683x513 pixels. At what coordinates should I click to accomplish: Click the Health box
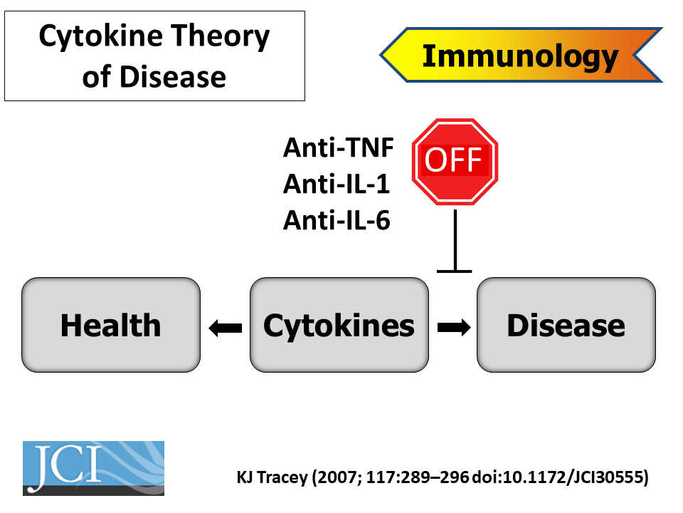click(x=111, y=325)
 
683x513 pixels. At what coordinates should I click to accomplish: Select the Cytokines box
click(x=339, y=325)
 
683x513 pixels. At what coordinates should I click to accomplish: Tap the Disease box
click(x=566, y=325)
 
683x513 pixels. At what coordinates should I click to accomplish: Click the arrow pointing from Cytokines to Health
click(x=226, y=328)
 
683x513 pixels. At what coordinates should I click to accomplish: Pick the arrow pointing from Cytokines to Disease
click(x=454, y=328)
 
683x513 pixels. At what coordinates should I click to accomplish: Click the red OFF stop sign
click(x=455, y=162)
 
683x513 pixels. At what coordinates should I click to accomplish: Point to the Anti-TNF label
click(x=339, y=147)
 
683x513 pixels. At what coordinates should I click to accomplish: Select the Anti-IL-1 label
click(x=337, y=184)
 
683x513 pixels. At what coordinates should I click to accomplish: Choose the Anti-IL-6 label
click(x=337, y=220)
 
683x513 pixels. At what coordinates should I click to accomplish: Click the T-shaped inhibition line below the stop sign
click(x=455, y=242)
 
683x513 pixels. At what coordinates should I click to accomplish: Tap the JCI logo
click(x=94, y=468)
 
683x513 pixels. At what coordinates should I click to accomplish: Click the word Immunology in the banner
click(x=521, y=56)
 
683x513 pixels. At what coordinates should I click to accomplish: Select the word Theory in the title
click(x=220, y=36)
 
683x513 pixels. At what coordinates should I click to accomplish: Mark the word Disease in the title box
click(x=173, y=77)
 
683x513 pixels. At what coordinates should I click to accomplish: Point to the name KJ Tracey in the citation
click(x=272, y=477)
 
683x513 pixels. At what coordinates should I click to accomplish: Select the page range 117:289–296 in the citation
click(x=418, y=477)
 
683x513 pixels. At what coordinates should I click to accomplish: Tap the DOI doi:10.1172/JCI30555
click(x=556, y=477)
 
